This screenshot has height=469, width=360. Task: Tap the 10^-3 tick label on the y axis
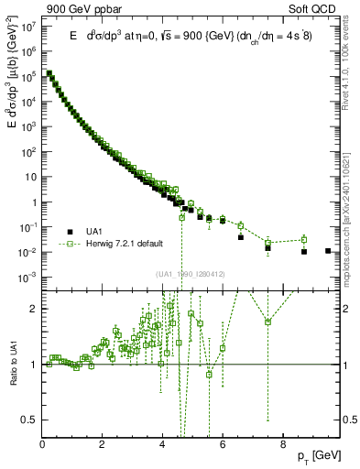[x=29, y=277]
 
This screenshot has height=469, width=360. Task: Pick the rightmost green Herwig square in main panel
[x=304, y=240]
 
